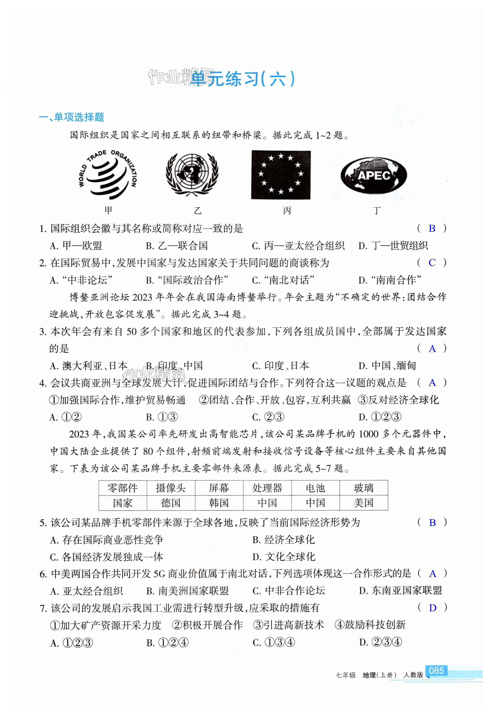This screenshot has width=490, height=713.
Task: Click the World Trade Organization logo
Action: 107,174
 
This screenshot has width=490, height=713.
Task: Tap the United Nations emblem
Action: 192,174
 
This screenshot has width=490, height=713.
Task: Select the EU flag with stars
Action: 281,175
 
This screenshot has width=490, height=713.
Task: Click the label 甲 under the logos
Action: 108,210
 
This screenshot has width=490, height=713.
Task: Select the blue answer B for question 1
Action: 432,228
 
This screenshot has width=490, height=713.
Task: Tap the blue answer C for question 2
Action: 432,263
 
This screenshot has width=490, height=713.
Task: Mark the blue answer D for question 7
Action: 433,608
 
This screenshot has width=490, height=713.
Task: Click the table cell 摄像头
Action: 171,488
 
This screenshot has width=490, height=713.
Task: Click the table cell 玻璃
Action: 364,488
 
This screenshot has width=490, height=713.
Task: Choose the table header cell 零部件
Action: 123,488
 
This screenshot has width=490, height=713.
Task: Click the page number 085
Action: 436,671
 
